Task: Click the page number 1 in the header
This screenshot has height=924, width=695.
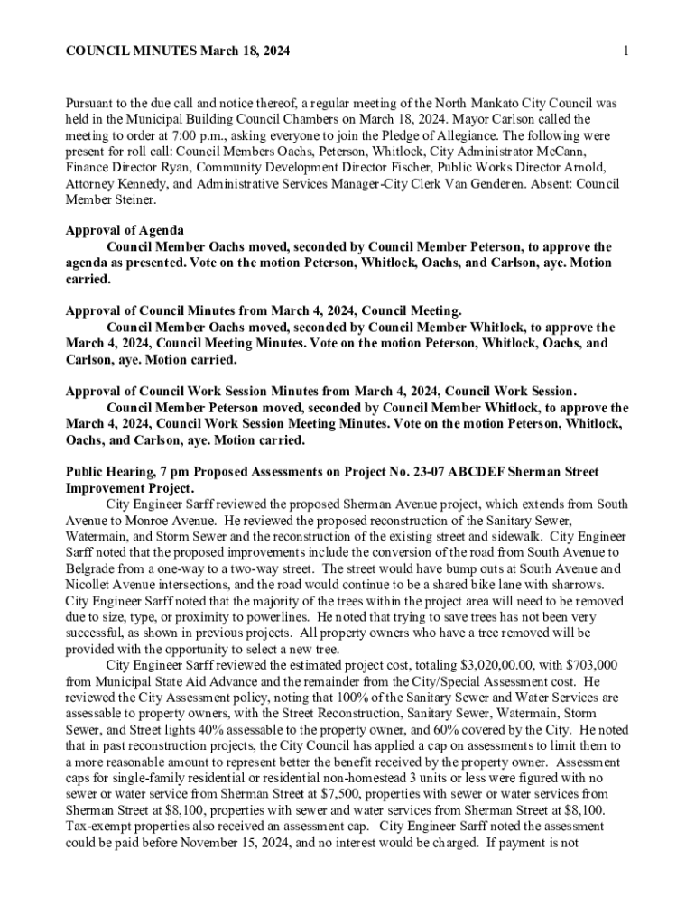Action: [625, 53]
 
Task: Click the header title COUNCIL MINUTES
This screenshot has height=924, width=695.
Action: [126, 53]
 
